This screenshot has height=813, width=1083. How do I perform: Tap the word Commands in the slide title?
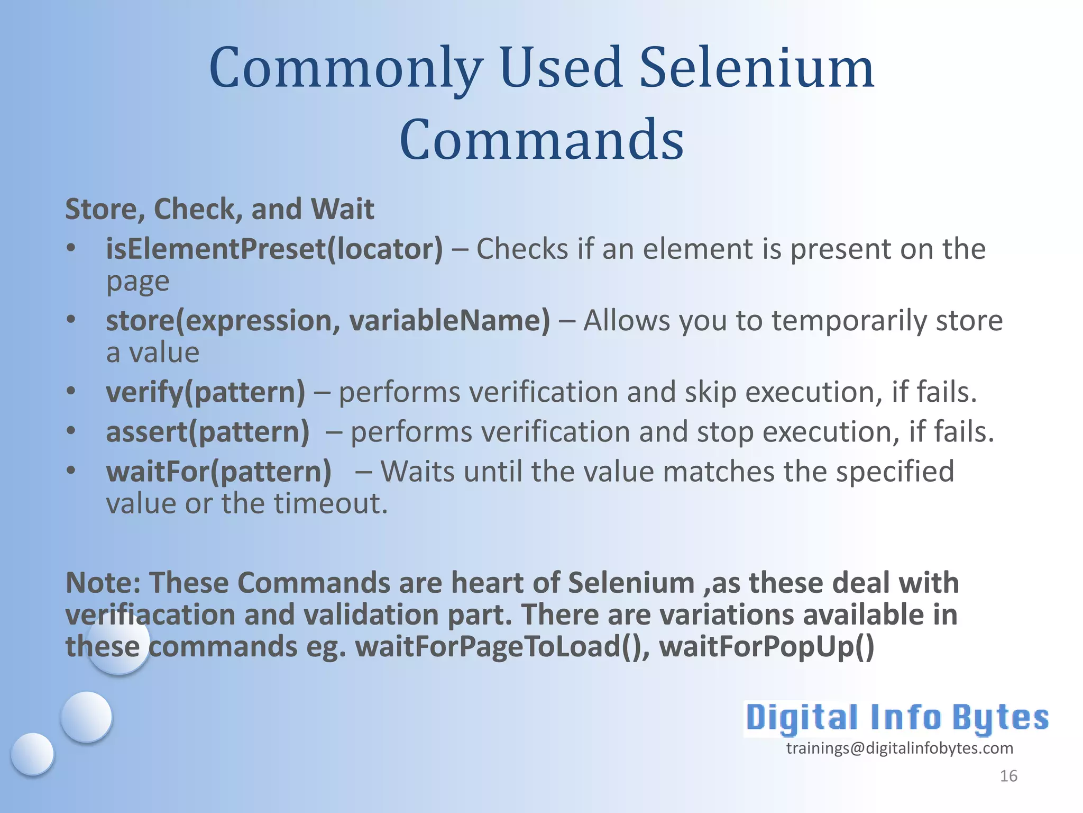(x=541, y=140)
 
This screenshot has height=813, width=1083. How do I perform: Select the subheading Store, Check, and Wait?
(x=219, y=209)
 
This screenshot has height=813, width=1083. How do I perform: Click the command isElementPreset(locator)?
(x=274, y=249)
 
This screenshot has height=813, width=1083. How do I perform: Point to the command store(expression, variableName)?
(x=328, y=321)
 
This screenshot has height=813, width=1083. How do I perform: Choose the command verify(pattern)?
(x=206, y=392)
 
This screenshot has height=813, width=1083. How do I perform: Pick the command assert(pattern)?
(x=208, y=432)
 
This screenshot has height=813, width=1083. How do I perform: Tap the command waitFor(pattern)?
(x=219, y=472)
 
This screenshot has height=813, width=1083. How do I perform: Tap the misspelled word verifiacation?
(x=150, y=615)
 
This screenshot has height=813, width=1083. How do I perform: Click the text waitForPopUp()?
(x=767, y=647)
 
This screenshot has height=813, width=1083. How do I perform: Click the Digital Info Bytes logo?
(x=897, y=719)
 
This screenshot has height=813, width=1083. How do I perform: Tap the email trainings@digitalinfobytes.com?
(x=900, y=748)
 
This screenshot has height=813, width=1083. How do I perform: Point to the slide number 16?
(x=1008, y=776)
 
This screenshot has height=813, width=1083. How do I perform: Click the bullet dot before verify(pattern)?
(x=71, y=391)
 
